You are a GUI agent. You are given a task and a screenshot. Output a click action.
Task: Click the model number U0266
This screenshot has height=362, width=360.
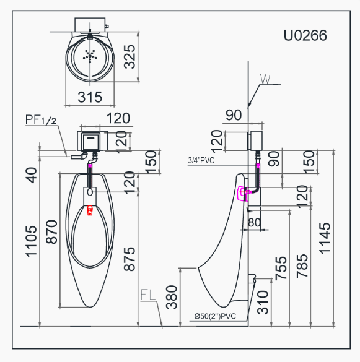(305, 35)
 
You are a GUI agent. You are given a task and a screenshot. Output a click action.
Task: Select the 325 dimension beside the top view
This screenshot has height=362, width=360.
(130, 57)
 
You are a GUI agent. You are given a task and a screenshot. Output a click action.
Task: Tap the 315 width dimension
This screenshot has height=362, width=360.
(90, 97)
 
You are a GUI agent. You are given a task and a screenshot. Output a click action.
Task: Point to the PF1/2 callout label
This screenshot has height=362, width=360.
(41, 119)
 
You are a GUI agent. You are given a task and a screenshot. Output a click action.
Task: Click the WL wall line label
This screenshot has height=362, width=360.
(268, 79)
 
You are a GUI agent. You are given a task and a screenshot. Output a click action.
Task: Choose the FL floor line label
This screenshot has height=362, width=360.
(148, 295)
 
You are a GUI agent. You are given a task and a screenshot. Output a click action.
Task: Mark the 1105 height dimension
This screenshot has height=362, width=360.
(31, 241)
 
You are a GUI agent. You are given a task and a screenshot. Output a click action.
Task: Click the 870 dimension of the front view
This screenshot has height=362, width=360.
(51, 232)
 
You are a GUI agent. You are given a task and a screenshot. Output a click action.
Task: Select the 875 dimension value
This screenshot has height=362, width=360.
(130, 259)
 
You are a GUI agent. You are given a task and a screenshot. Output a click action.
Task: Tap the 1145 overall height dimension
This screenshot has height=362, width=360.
(325, 238)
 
